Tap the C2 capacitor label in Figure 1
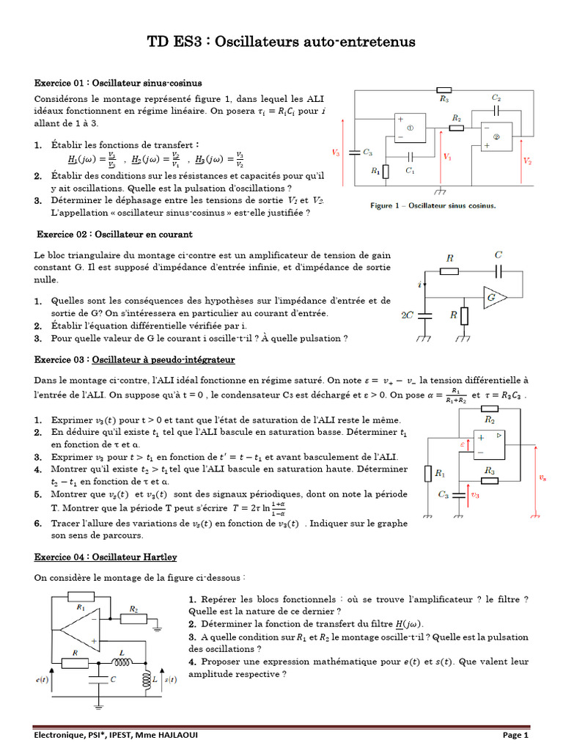click(496, 98)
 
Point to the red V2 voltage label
click(528, 160)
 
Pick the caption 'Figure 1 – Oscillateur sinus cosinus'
click(433, 205)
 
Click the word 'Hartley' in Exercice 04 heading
click(158, 557)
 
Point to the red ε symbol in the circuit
click(463, 444)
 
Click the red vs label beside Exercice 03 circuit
click(542, 477)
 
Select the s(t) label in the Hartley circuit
click(169, 680)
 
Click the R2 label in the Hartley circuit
click(134, 609)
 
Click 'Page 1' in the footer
click(515, 735)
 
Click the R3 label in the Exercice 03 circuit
click(490, 469)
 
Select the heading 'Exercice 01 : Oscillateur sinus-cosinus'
click(119, 83)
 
